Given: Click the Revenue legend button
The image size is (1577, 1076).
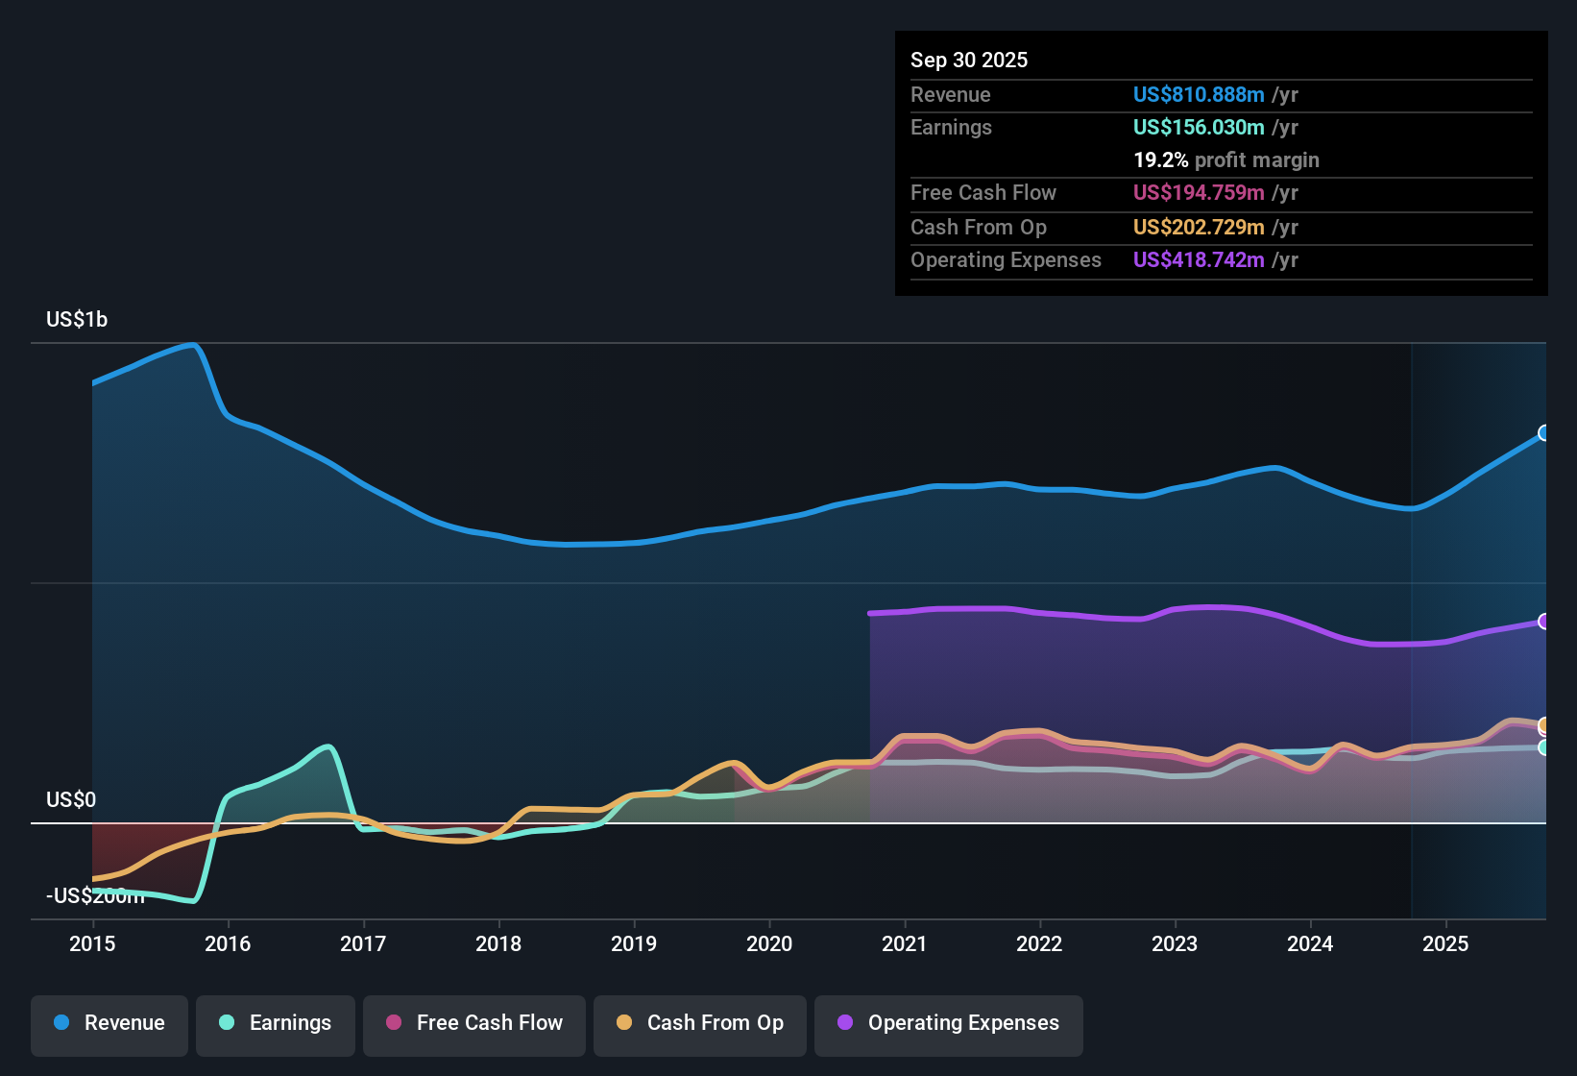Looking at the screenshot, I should pos(109,1023).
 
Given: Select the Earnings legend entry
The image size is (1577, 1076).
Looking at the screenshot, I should pos(276,1023).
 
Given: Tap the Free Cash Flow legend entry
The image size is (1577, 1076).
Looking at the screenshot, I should pos(474,1023).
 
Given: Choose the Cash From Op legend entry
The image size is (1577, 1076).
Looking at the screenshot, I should pos(700,1023).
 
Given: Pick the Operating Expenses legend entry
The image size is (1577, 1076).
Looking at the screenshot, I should pos(949,1023).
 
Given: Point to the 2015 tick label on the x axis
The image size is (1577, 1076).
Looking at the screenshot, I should pos(92,943).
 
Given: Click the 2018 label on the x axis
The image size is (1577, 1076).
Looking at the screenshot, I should pos(498,943).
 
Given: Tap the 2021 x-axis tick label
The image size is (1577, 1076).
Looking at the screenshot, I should pos(905,943).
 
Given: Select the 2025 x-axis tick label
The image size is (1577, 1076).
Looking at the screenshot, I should pos(1445,943).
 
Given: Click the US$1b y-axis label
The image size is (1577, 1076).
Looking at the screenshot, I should pos(77,320).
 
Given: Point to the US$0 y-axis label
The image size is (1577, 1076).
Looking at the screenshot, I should pos(71,800).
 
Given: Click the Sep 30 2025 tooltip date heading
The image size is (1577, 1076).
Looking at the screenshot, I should pos(969,61).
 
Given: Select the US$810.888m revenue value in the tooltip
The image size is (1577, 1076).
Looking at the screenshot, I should pos(1199,95).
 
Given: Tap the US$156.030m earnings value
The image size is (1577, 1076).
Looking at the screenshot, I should pos(1199,128).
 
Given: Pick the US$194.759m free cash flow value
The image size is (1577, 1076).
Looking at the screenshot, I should pos(1199,193).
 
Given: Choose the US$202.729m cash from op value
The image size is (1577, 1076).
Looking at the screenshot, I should pos(1199,228).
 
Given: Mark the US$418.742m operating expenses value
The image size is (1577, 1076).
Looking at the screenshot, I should pos(1199,260).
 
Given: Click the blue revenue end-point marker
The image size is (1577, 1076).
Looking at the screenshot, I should pos(1544,433).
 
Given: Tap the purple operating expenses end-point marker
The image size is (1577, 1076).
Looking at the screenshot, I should pos(1544,622).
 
